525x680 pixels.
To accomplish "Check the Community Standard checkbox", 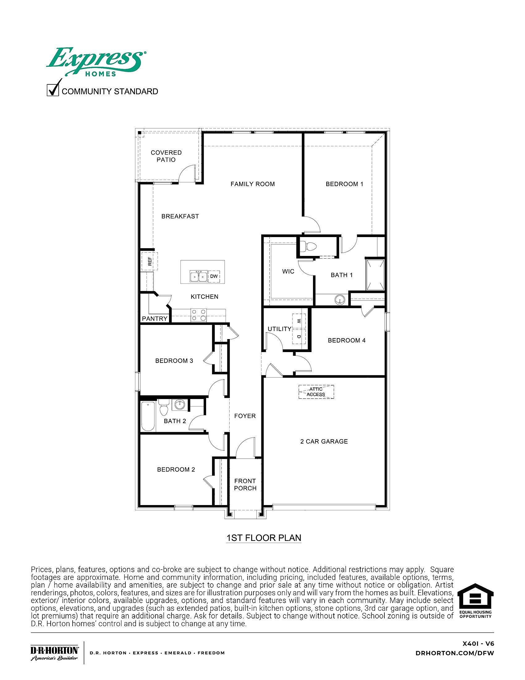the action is tap(53, 91).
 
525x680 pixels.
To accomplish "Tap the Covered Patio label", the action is tap(166, 156).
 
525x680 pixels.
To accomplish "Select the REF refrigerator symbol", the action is tap(150, 261).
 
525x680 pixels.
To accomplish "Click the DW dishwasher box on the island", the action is tap(214, 276).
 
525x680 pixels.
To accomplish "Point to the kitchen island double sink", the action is tap(198, 276).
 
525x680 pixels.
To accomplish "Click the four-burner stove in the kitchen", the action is tap(199, 315).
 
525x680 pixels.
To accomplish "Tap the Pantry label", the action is tap(155, 318).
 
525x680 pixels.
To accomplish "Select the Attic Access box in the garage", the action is tap(316, 392).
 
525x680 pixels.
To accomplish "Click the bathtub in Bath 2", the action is tap(148, 417).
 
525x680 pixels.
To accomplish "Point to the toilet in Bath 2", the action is tap(164, 408).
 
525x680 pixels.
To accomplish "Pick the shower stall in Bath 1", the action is tap(375, 274).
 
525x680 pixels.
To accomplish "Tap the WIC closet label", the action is tap(288, 271).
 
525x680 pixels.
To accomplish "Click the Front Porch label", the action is tap(245, 485).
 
